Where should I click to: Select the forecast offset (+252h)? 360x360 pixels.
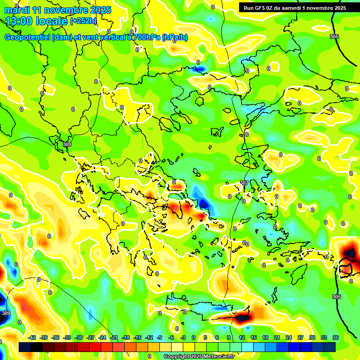84,21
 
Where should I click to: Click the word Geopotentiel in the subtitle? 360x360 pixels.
28,37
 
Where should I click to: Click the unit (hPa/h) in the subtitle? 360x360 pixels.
174,37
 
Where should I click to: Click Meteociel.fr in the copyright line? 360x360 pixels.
216,357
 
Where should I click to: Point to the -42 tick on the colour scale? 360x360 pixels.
32,337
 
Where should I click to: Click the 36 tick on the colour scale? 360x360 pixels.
336,337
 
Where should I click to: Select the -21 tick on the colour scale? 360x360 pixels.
114,337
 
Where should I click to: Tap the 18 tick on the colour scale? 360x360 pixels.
265,337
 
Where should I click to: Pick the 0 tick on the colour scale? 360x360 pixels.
194,337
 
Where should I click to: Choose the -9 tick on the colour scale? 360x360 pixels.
159,337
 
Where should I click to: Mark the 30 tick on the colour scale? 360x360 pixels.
312,337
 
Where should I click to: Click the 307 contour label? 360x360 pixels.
244,183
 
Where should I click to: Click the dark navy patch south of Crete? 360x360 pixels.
242,318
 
